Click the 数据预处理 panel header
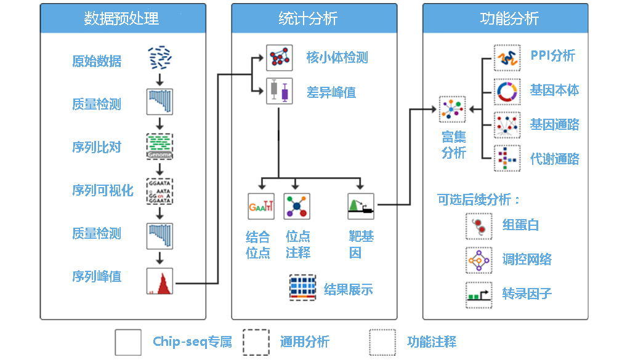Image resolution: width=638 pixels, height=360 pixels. coord(121,18)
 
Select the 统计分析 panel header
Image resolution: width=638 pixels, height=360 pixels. coord(313,18)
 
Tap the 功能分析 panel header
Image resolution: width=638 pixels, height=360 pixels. coord(505,18)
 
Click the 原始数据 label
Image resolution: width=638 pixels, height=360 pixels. coord(97,62)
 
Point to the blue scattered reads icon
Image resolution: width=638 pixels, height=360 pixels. coord(159,58)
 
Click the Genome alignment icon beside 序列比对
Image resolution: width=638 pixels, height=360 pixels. coord(159,146)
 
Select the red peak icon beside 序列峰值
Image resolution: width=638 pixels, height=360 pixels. coord(159,281)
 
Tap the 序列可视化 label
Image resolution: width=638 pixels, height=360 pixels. coord(103,190)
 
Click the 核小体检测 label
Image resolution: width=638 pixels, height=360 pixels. coord(337,58)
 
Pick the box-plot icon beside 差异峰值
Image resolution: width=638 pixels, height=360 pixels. coord(279,91)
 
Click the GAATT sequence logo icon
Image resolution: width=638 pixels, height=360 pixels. coord(261,207)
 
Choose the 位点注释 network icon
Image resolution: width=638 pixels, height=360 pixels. coord(296,207)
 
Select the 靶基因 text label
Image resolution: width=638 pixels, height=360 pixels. coord(360,244)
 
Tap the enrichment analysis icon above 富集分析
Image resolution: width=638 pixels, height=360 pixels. coord(452,110)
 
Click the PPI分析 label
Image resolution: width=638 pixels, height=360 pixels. coord(552,56)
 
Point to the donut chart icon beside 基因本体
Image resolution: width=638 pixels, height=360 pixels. coord(507,91)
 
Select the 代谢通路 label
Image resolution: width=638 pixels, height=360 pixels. coord(554,159)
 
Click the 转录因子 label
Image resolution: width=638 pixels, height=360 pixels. coord(527,294)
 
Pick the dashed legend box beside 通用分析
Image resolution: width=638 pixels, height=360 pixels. coord(256,342)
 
